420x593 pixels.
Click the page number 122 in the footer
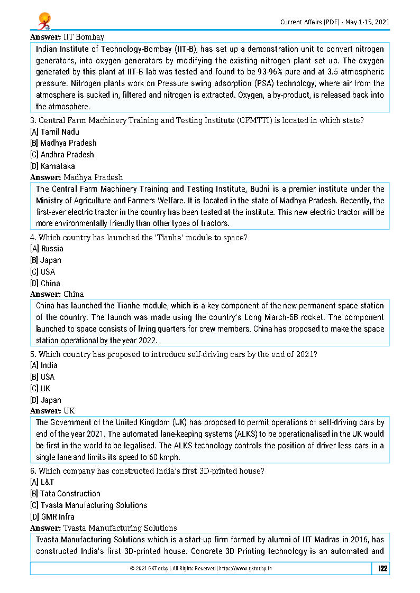(382, 569)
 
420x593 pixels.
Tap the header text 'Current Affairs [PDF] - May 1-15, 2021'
(335, 22)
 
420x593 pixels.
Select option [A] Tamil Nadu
(54, 131)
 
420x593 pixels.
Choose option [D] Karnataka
(52, 166)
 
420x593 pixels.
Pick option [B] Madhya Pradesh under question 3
(63, 143)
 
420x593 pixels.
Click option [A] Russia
(47, 248)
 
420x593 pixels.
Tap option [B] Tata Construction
(65, 493)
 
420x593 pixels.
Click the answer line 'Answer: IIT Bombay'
(67, 37)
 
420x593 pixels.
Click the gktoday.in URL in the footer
(245, 569)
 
